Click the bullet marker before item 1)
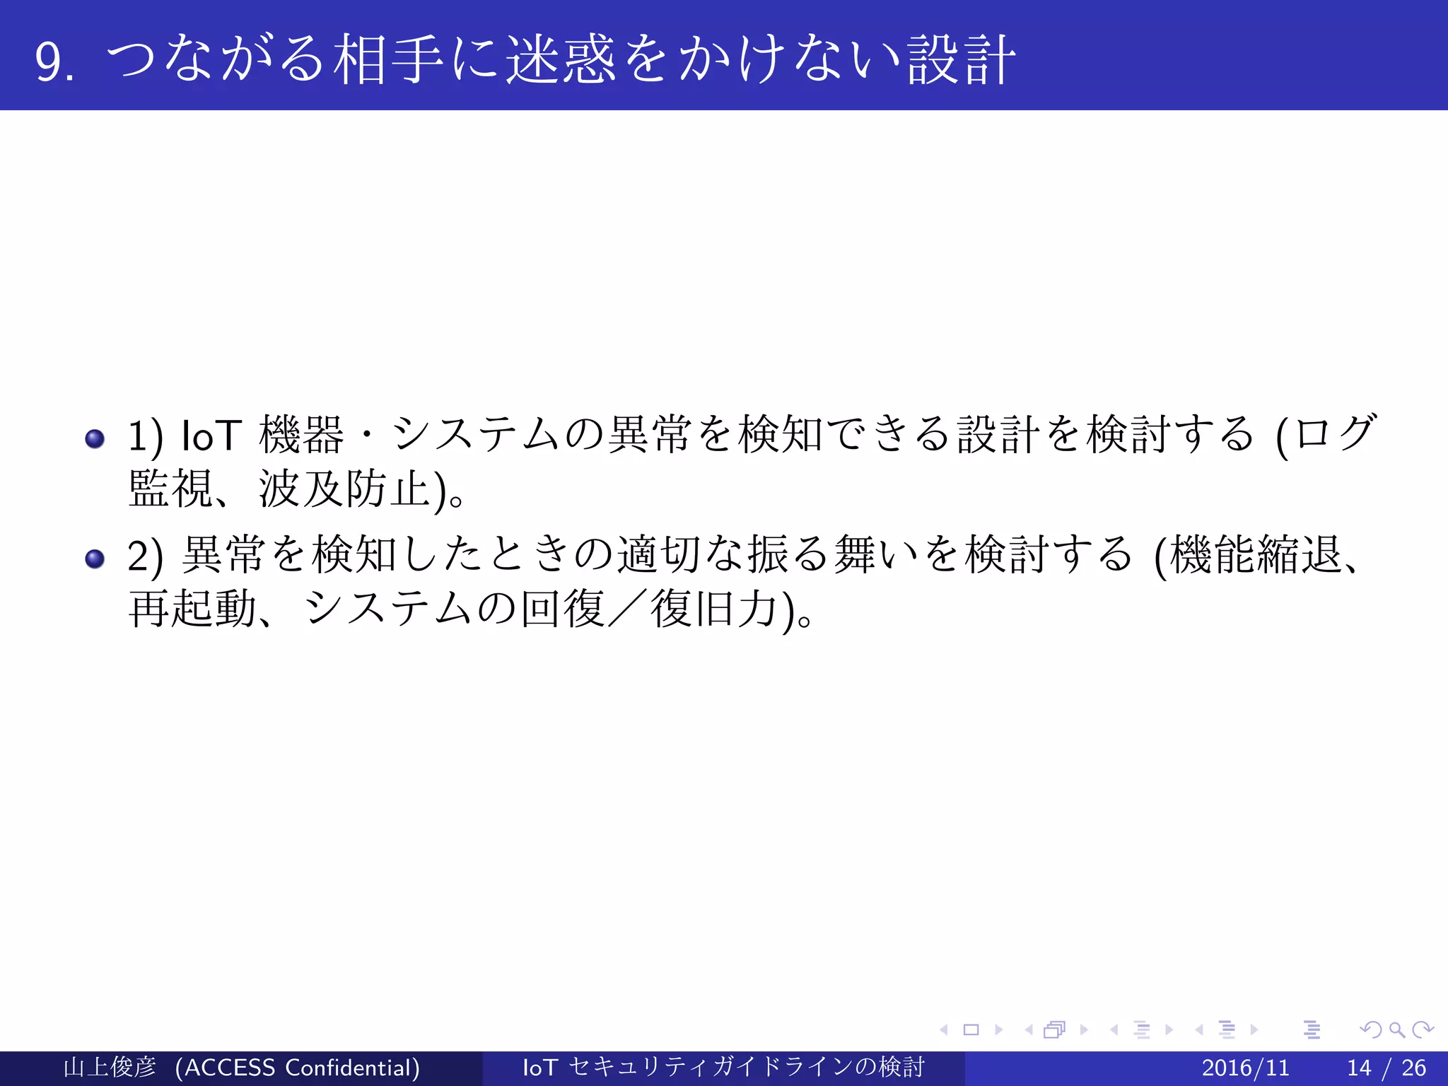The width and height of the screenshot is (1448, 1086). (95, 439)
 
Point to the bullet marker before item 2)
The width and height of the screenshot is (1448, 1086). (95, 559)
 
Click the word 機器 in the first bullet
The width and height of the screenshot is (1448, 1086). (301, 434)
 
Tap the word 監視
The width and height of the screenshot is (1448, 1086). (170, 489)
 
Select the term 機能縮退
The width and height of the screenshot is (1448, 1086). (1256, 554)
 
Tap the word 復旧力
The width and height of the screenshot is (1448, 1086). (714, 609)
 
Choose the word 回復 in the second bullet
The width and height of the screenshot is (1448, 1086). (563, 609)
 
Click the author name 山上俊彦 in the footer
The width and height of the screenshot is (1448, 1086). (110, 1068)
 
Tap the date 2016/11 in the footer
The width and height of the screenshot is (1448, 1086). (1245, 1068)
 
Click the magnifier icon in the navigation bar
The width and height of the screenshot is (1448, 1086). (1396, 1029)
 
